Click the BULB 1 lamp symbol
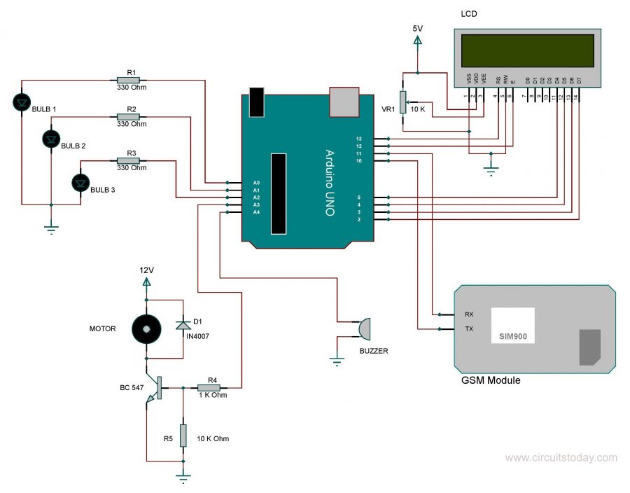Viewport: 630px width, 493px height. tap(23, 103)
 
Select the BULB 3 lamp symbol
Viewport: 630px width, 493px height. tap(81, 183)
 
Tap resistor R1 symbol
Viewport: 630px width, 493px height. tap(131, 81)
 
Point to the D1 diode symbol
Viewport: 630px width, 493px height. tap(183, 324)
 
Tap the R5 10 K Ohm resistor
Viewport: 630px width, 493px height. tap(183, 436)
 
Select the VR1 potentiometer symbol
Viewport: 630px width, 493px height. tap(402, 102)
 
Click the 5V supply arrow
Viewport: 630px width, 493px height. tap(418, 42)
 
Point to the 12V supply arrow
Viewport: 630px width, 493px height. tap(146, 282)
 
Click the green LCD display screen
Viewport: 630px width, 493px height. tap(526, 50)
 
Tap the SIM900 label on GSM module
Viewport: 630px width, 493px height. tap(513, 337)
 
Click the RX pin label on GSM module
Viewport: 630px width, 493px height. tap(468, 314)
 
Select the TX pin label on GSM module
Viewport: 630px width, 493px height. tap(468, 328)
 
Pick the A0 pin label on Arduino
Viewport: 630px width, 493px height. tap(256, 183)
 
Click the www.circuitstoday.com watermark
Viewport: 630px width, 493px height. tap(561, 458)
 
